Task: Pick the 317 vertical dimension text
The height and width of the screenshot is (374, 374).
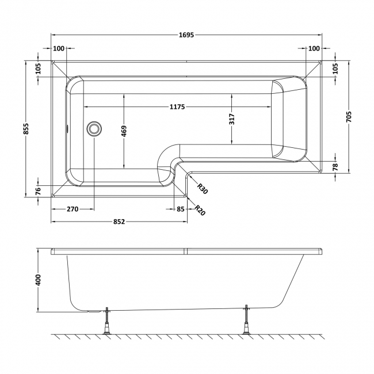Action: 232,119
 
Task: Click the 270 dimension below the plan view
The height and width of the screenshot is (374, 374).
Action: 72,209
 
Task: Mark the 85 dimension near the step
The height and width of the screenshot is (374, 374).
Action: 181,209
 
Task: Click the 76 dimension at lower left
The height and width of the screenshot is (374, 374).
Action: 38,190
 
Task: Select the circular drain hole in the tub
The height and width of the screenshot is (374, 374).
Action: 93,129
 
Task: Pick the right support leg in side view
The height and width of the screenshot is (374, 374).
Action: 247,320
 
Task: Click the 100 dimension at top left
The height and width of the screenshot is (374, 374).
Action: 59,48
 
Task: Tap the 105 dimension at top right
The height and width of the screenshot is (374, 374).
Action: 335,68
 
